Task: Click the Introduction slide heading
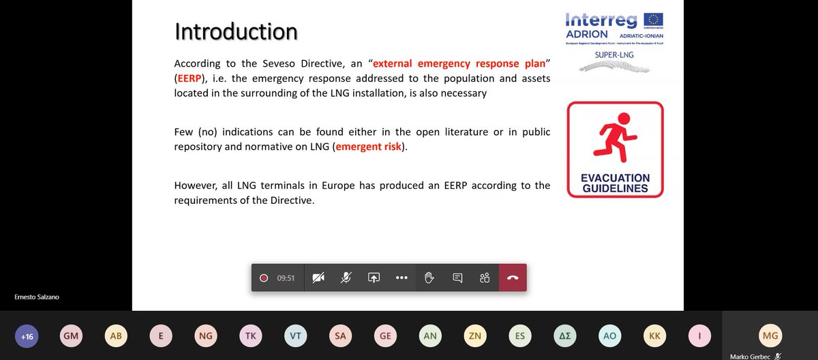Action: [x=236, y=32]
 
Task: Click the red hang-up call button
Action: [x=513, y=278]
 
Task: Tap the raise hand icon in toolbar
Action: [x=429, y=278]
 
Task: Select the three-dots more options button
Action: [x=402, y=278]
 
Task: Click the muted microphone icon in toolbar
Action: [x=346, y=278]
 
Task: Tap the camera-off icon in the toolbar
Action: [x=318, y=278]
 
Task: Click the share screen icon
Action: [x=374, y=278]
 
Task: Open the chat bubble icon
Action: [x=457, y=278]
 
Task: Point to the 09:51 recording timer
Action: [x=286, y=278]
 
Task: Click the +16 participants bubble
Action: [x=27, y=335]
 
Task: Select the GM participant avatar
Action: [x=71, y=335]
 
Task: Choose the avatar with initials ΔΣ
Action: [x=565, y=335]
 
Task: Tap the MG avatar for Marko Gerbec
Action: [x=770, y=335]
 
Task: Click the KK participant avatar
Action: [x=655, y=335]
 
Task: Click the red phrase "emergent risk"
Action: [x=369, y=147]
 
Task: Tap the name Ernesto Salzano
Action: [x=35, y=297]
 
